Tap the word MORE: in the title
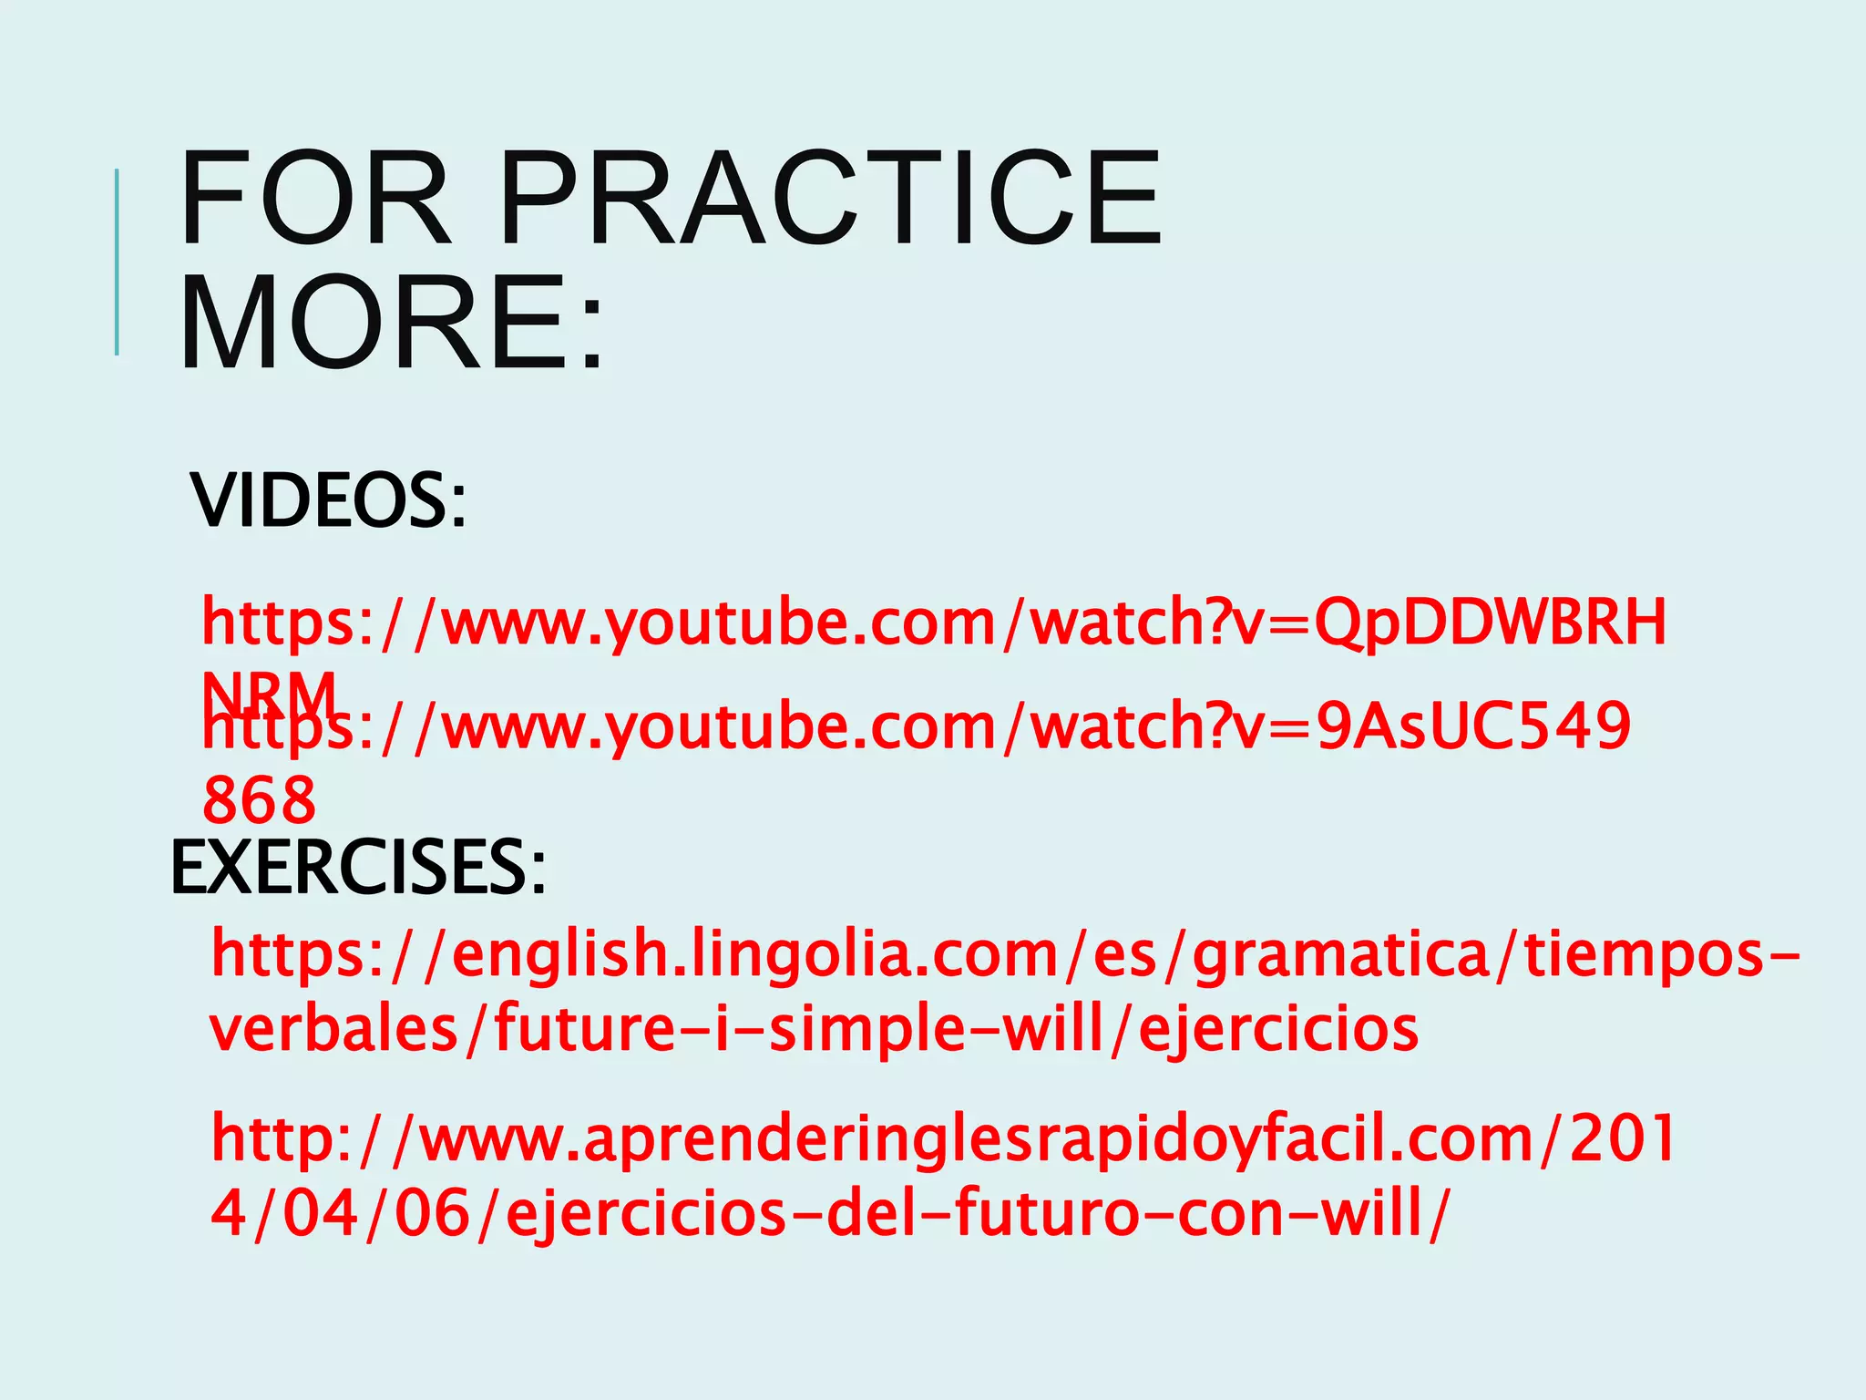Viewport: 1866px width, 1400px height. [x=392, y=323]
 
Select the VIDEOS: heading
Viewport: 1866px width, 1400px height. [x=328, y=500]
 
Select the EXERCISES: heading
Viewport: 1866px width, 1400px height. [x=358, y=868]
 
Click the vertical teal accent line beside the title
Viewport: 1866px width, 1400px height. [x=117, y=262]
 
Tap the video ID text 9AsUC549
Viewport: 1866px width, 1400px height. [x=1473, y=726]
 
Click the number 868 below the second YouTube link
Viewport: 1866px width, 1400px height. [x=260, y=800]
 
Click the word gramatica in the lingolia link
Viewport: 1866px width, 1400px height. [x=1340, y=953]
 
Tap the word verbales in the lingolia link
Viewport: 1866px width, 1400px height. [x=333, y=1029]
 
